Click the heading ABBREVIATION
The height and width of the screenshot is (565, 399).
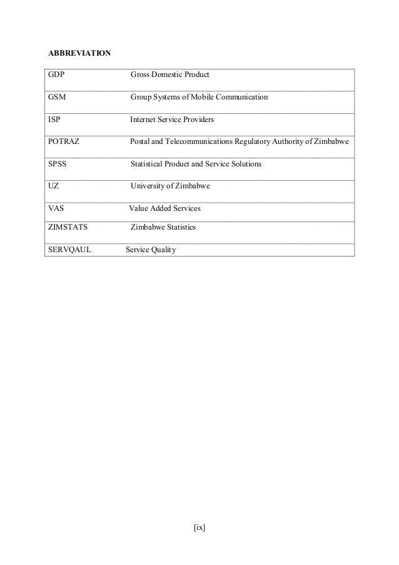(x=80, y=52)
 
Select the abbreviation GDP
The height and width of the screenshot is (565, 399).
(x=57, y=75)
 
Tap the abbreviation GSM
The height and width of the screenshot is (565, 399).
(x=58, y=98)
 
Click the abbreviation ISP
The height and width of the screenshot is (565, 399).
(x=55, y=119)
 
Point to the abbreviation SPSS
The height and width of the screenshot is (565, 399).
(x=58, y=164)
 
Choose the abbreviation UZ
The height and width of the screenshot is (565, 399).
(x=54, y=186)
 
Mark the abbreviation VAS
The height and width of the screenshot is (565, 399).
(x=56, y=208)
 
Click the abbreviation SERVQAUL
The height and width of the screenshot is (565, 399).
(x=69, y=250)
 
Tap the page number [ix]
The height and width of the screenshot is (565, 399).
(x=199, y=527)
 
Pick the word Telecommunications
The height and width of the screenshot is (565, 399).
(x=196, y=141)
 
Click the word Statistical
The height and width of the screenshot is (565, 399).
(x=148, y=164)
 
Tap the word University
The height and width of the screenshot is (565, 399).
(x=148, y=186)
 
